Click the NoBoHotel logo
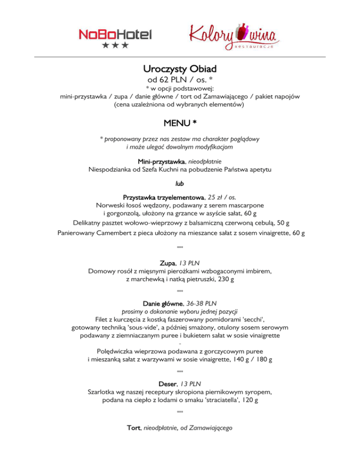tap(115, 35)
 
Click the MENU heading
tap(180, 123)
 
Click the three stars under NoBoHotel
tap(115, 45)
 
